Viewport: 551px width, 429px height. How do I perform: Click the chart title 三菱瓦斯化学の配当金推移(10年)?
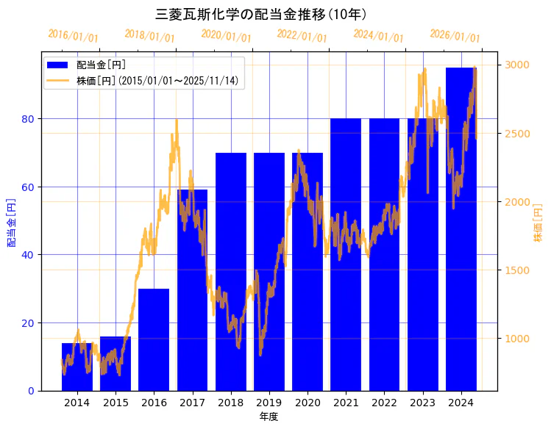(261, 14)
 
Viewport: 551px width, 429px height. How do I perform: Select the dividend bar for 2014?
(77, 367)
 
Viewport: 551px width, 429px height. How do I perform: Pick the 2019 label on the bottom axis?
(269, 403)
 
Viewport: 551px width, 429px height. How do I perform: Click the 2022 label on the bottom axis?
(384, 403)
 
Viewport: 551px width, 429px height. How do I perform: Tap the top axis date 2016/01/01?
(73, 35)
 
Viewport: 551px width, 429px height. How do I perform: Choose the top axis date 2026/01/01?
(455, 35)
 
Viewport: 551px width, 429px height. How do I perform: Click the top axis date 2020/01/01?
(226, 35)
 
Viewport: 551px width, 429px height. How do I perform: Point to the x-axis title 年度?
(269, 417)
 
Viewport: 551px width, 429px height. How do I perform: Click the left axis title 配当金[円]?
(11, 222)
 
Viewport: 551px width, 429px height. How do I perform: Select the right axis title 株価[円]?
(538, 223)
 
